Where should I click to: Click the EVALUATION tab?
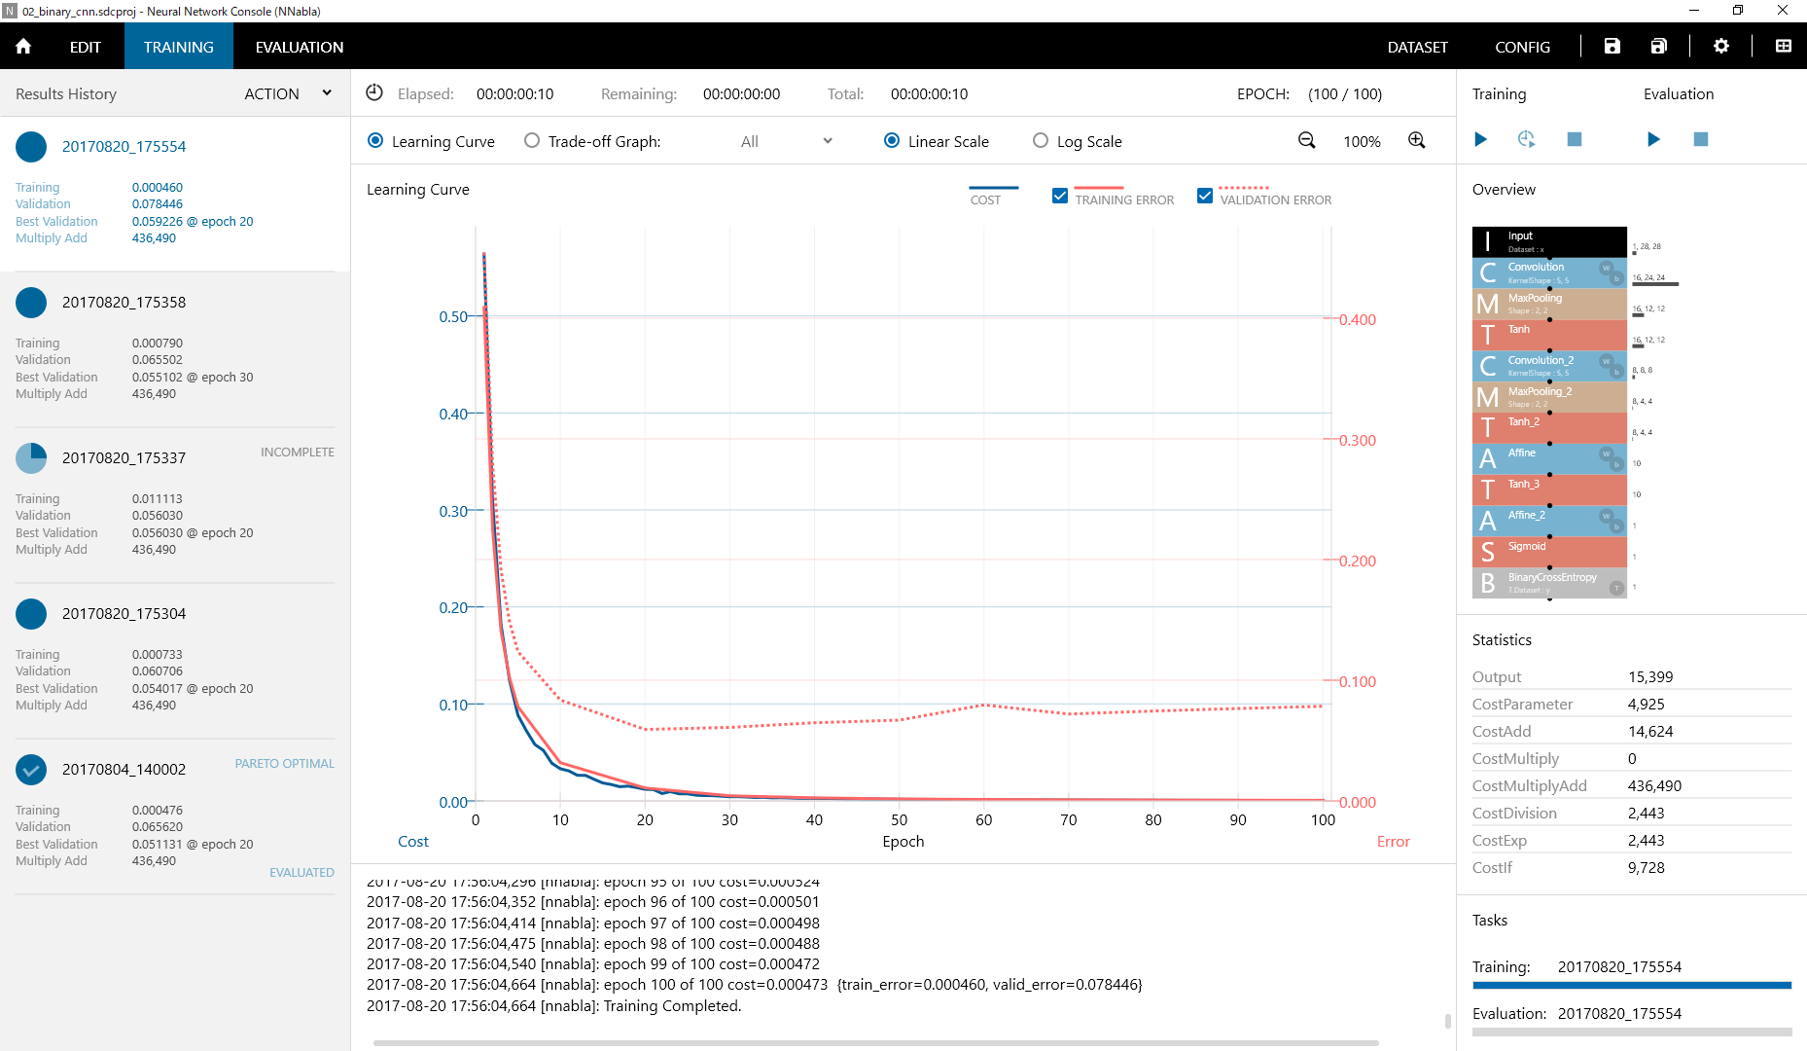[x=299, y=47]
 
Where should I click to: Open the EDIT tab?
[x=85, y=47]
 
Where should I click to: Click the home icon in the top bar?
[x=23, y=47]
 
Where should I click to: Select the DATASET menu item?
[x=1417, y=47]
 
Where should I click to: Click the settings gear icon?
[x=1720, y=46]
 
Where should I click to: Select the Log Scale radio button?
[x=1041, y=141]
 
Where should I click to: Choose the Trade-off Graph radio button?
[x=532, y=141]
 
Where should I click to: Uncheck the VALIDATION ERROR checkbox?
[x=1205, y=196]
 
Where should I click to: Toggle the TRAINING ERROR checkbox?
[x=1060, y=196]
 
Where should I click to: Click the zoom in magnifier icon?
[x=1417, y=141]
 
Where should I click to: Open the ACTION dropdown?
[x=288, y=93]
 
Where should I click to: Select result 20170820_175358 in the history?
[x=124, y=303]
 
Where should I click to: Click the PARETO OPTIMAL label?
[x=284, y=764]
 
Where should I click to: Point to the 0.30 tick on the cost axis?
[x=453, y=511]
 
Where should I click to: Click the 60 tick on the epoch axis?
[x=983, y=820]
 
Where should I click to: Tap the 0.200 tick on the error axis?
[x=1358, y=562]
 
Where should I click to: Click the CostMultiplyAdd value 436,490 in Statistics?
[x=1654, y=786]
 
